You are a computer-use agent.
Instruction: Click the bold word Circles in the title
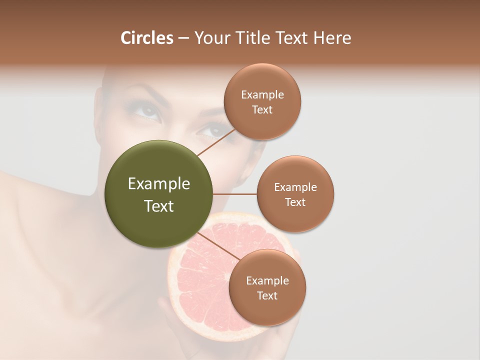146,38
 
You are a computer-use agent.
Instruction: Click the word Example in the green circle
159,184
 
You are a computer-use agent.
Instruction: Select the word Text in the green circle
159,206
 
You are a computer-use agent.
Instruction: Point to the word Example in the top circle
262,95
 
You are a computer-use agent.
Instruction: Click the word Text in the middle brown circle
295,202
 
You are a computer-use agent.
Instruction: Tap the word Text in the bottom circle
267,295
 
